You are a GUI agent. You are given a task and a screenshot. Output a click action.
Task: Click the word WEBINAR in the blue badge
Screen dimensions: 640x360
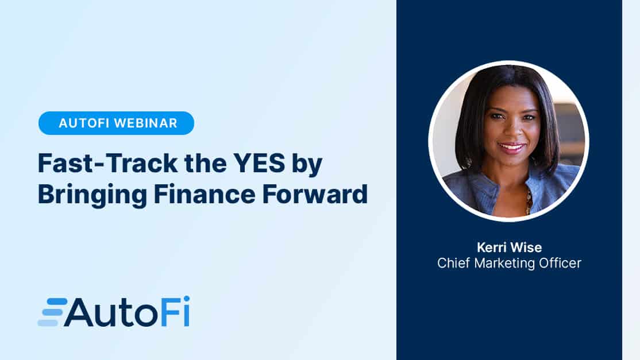[x=146, y=123]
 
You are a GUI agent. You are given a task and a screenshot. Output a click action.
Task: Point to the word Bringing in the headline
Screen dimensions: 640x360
[x=92, y=196]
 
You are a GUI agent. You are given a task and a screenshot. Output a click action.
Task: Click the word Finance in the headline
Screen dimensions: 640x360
[x=205, y=194]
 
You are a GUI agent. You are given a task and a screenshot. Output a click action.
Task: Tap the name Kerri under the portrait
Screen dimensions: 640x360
[x=491, y=247]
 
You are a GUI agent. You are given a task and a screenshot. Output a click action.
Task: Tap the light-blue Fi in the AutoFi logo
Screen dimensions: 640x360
[x=175, y=312]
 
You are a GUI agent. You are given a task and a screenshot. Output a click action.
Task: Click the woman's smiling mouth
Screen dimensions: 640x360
[x=510, y=148]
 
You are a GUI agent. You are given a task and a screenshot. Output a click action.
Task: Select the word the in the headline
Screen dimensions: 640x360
[x=205, y=163]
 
